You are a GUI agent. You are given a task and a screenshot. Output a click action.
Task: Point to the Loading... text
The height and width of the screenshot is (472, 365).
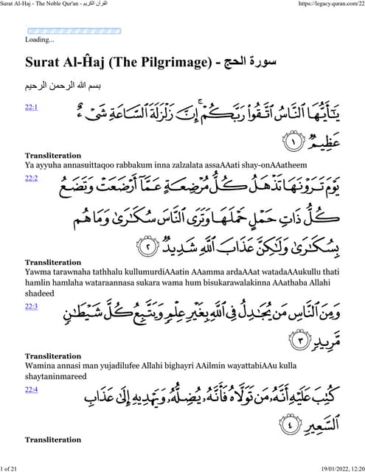pyautogui.click(x=40, y=40)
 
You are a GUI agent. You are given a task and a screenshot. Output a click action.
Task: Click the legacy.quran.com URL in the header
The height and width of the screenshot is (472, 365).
pyautogui.click(x=329, y=4)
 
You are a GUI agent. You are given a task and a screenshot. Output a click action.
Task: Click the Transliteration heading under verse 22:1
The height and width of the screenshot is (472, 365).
pyautogui.click(x=53, y=156)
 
